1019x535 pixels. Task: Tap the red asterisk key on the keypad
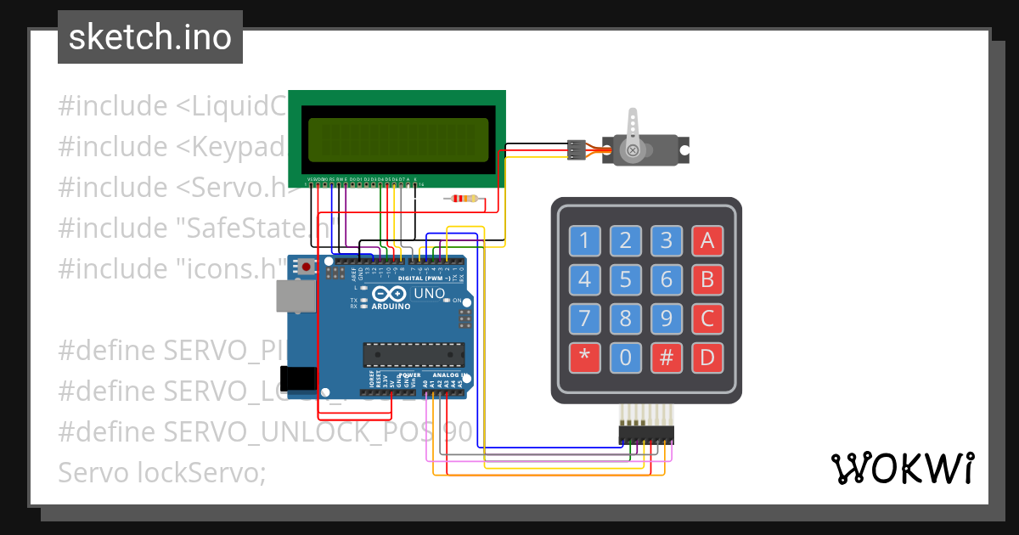(x=584, y=358)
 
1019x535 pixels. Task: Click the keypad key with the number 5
(x=626, y=279)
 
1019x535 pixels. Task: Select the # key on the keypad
(x=667, y=358)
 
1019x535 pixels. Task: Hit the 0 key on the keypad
(x=626, y=358)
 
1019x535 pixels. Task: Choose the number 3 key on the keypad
(x=667, y=241)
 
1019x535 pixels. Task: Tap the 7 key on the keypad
(x=584, y=318)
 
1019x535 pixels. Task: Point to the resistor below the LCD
(x=463, y=200)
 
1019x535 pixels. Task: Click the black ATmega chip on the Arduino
(x=414, y=354)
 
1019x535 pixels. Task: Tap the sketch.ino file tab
(x=150, y=37)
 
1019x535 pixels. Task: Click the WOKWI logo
(x=902, y=468)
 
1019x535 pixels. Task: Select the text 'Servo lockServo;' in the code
(x=162, y=472)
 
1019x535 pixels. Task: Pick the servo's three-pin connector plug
(x=577, y=150)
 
